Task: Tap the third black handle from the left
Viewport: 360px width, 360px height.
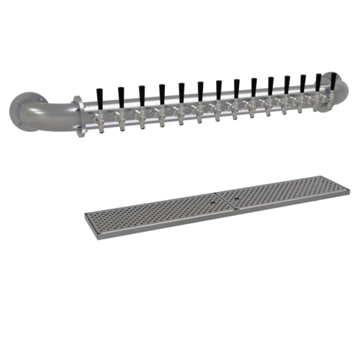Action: click(142, 92)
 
